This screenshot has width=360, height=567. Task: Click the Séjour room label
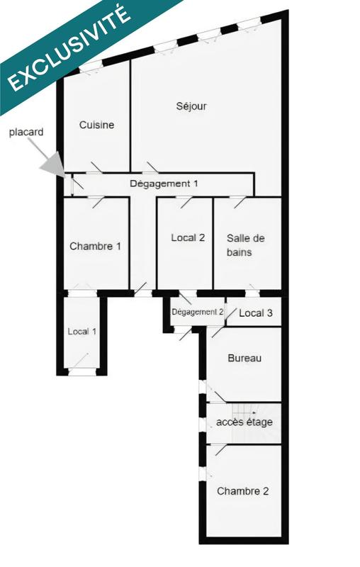click(191, 107)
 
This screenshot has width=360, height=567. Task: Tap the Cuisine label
click(96, 125)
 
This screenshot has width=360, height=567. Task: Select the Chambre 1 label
click(95, 247)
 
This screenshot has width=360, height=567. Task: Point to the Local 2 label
click(188, 238)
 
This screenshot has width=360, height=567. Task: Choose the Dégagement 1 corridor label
click(164, 184)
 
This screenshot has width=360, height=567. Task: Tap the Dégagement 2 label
click(198, 312)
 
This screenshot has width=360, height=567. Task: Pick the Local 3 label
click(255, 313)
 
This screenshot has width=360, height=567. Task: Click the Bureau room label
click(244, 359)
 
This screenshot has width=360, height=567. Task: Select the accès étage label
click(244, 422)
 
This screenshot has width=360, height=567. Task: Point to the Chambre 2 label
click(243, 491)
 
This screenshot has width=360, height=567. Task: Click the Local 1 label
click(82, 331)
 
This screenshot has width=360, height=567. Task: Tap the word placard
click(26, 133)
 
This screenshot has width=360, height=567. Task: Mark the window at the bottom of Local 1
click(84, 370)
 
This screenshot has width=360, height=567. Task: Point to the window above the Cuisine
click(91, 68)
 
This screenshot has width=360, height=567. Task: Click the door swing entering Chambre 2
click(220, 449)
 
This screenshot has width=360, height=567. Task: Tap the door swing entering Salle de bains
click(238, 203)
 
